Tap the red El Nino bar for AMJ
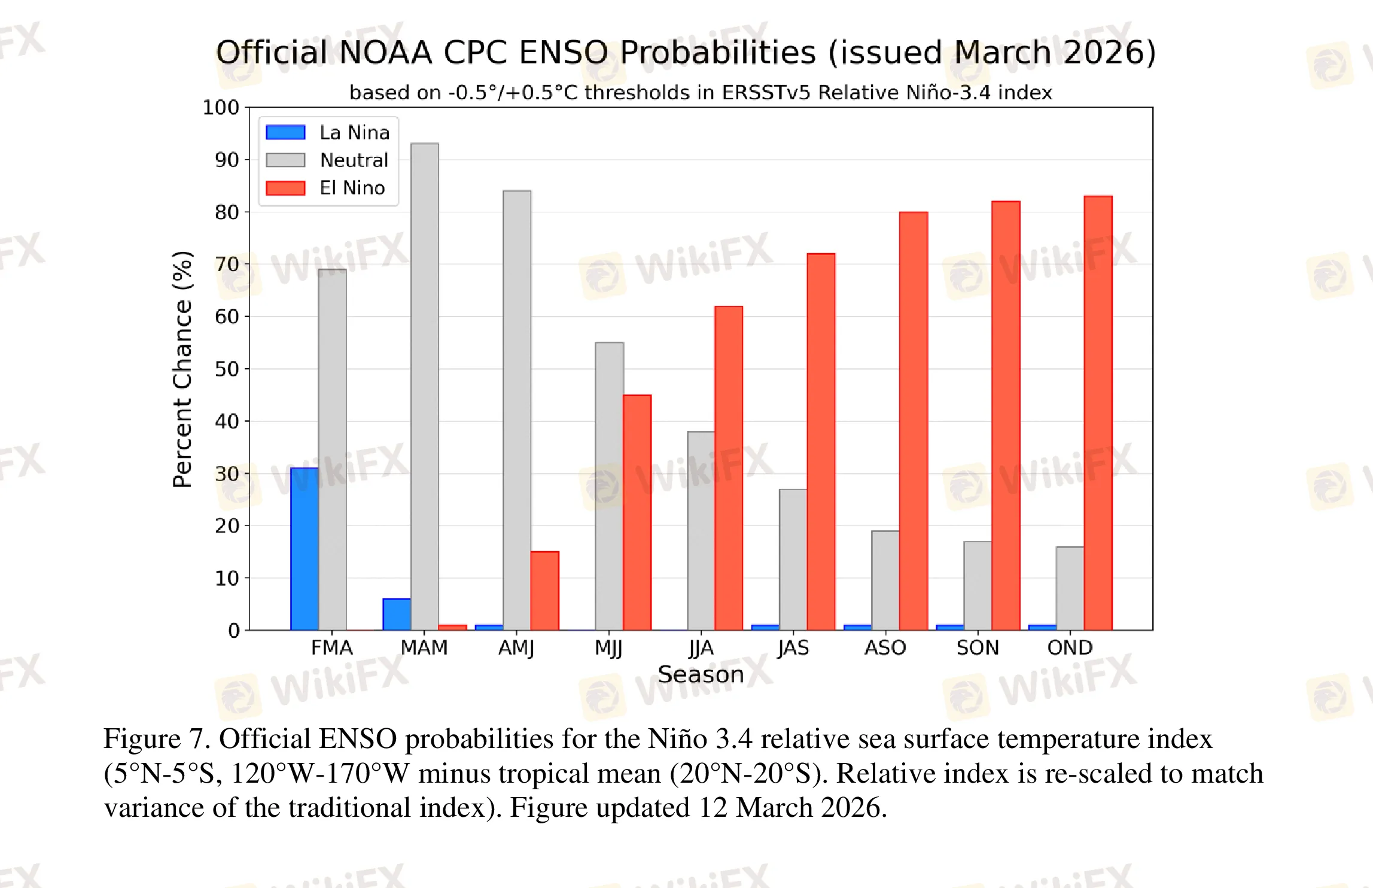[545, 591]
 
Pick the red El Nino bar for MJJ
[637, 512]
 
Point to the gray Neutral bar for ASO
[885, 580]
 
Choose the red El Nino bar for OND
[1098, 413]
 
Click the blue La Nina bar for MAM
[397, 614]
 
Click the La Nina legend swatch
[285, 132]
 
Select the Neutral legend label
[354, 160]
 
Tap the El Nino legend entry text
[352, 188]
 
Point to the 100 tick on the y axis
[221, 108]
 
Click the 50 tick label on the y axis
[227, 369]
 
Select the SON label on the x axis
[978, 647]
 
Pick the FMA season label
[332, 647]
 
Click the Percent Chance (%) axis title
[182, 369]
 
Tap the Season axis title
[701, 674]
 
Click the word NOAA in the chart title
[386, 53]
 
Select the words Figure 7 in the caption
[156, 739]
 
